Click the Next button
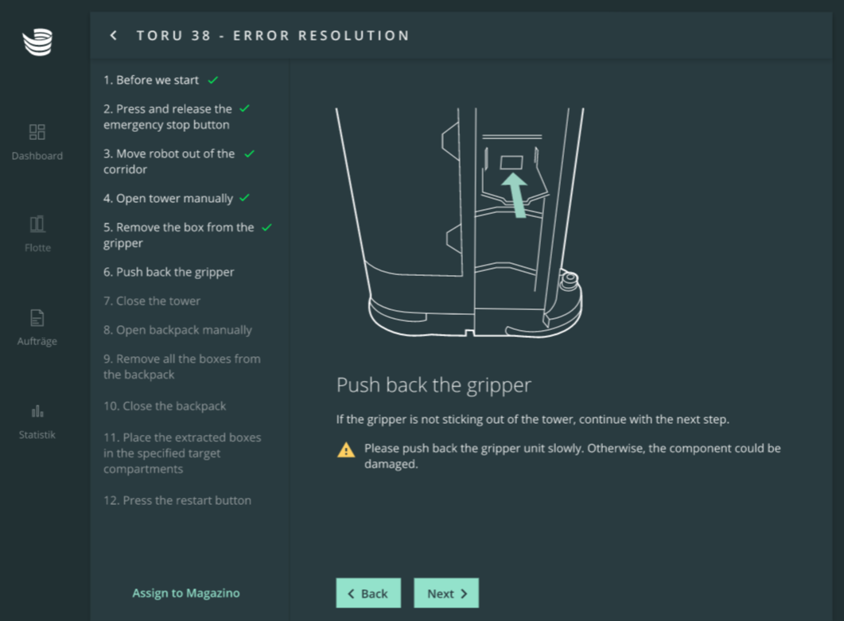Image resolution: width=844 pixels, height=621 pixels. tap(445, 593)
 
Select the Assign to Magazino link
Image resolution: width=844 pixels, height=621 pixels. tap(186, 593)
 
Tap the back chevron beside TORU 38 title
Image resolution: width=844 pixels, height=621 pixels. tap(113, 36)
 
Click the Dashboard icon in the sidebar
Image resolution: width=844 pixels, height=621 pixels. tap(37, 132)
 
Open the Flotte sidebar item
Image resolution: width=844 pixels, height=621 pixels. tap(37, 234)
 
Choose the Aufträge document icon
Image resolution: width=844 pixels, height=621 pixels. tap(37, 317)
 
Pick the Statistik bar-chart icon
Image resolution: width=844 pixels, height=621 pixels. tap(37, 412)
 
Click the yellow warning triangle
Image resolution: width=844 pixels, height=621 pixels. tap(346, 450)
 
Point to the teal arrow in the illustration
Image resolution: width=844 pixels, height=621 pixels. tap(515, 195)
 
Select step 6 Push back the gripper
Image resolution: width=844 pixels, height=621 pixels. tap(169, 272)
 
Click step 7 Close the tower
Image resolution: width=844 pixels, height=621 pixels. tap(152, 301)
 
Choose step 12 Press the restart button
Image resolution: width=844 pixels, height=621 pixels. tap(177, 500)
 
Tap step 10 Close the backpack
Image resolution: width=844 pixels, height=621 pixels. tap(165, 406)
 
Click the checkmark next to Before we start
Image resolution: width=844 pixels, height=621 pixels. tap(213, 80)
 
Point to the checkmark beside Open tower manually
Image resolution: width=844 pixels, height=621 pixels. tap(244, 198)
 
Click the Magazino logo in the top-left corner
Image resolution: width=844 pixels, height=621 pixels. tap(37, 42)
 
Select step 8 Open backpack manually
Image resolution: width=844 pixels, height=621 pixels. tap(177, 331)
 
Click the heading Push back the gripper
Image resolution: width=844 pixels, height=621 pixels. tap(434, 386)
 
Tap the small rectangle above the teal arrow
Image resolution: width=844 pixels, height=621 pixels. tap(511, 162)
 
